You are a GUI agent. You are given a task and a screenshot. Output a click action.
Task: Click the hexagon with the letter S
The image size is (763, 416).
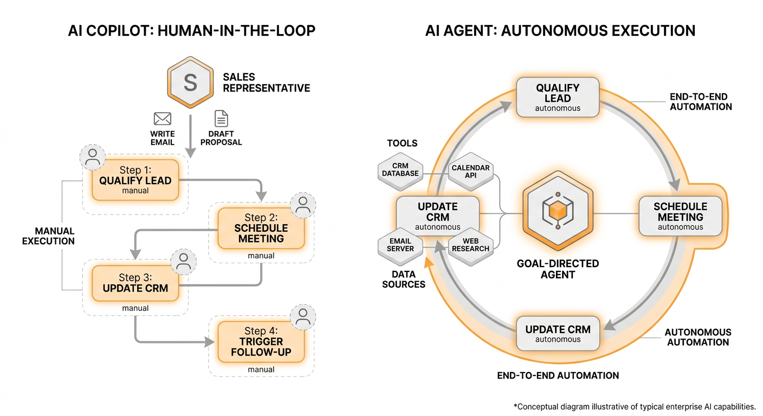click(x=190, y=82)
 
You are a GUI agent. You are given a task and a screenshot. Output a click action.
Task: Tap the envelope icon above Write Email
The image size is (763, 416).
click(x=163, y=119)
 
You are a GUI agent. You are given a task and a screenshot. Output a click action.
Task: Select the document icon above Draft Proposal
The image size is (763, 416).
click(x=221, y=119)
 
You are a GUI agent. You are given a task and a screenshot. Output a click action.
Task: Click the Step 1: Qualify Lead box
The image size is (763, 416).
click(x=135, y=180)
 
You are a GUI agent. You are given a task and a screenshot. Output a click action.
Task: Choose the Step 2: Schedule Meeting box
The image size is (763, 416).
click(x=261, y=228)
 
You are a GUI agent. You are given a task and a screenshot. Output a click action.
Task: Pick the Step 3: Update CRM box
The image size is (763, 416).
click(x=135, y=283)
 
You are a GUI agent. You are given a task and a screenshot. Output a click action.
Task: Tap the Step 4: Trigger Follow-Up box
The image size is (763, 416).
click(x=261, y=342)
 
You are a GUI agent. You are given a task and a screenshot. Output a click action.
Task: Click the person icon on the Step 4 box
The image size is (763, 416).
click(x=303, y=318)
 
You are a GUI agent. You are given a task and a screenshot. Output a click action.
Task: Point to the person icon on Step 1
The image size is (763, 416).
click(x=93, y=157)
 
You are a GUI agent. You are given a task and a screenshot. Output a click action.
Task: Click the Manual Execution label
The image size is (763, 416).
click(x=48, y=236)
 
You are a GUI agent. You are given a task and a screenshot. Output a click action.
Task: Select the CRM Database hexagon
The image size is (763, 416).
click(x=400, y=170)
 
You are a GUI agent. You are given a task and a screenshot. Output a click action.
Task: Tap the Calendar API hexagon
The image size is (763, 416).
click(x=470, y=171)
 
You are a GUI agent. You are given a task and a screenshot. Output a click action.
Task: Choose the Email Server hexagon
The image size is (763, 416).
click(x=400, y=245)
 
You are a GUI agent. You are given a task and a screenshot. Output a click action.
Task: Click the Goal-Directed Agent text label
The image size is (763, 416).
click(x=558, y=269)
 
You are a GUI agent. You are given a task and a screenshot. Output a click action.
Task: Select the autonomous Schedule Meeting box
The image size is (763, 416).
click(x=681, y=216)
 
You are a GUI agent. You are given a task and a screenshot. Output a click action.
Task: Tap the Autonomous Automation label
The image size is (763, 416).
click(x=698, y=337)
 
